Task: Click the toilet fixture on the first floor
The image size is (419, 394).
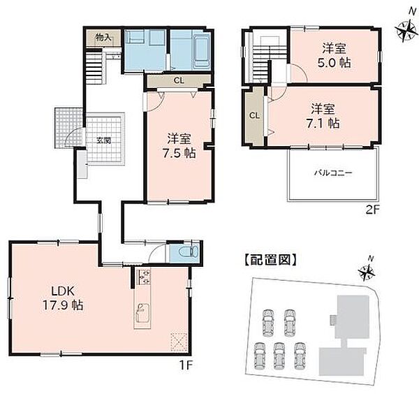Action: tap(189, 251)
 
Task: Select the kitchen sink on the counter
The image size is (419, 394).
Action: tap(142, 312)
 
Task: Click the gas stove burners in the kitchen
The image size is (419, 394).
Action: tap(144, 277)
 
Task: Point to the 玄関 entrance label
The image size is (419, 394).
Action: tap(104, 140)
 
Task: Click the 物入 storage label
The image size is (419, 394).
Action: tap(103, 38)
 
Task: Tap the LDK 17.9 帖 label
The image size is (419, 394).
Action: tap(63, 298)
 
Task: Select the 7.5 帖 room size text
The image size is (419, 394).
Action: tap(179, 154)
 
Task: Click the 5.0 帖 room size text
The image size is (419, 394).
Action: tap(334, 63)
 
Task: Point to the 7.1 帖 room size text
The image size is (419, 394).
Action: tap(323, 124)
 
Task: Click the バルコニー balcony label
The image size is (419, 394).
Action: tap(333, 173)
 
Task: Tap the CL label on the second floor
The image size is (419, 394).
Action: tap(254, 115)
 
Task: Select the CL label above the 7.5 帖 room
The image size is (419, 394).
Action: tap(179, 80)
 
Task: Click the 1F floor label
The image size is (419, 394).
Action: tap(186, 365)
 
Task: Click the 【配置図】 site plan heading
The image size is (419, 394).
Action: tap(270, 260)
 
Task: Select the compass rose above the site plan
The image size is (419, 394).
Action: tap(367, 270)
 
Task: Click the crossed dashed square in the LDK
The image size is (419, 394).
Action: tap(179, 342)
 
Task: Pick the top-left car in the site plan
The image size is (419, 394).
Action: tap(268, 322)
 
